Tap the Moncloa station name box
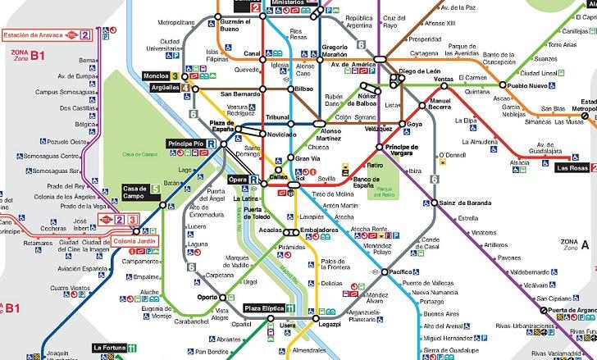click(157, 75)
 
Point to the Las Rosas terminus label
click(572, 168)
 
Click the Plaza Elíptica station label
click(263, 308)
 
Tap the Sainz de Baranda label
click(464, 203)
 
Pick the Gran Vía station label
click(307, 158)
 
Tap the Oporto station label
click(207, 298)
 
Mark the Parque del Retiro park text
click(385, 193)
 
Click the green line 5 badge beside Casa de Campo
click(155, 189)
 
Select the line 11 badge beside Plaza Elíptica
click(290, 308)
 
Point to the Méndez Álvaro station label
click(377, 298)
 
